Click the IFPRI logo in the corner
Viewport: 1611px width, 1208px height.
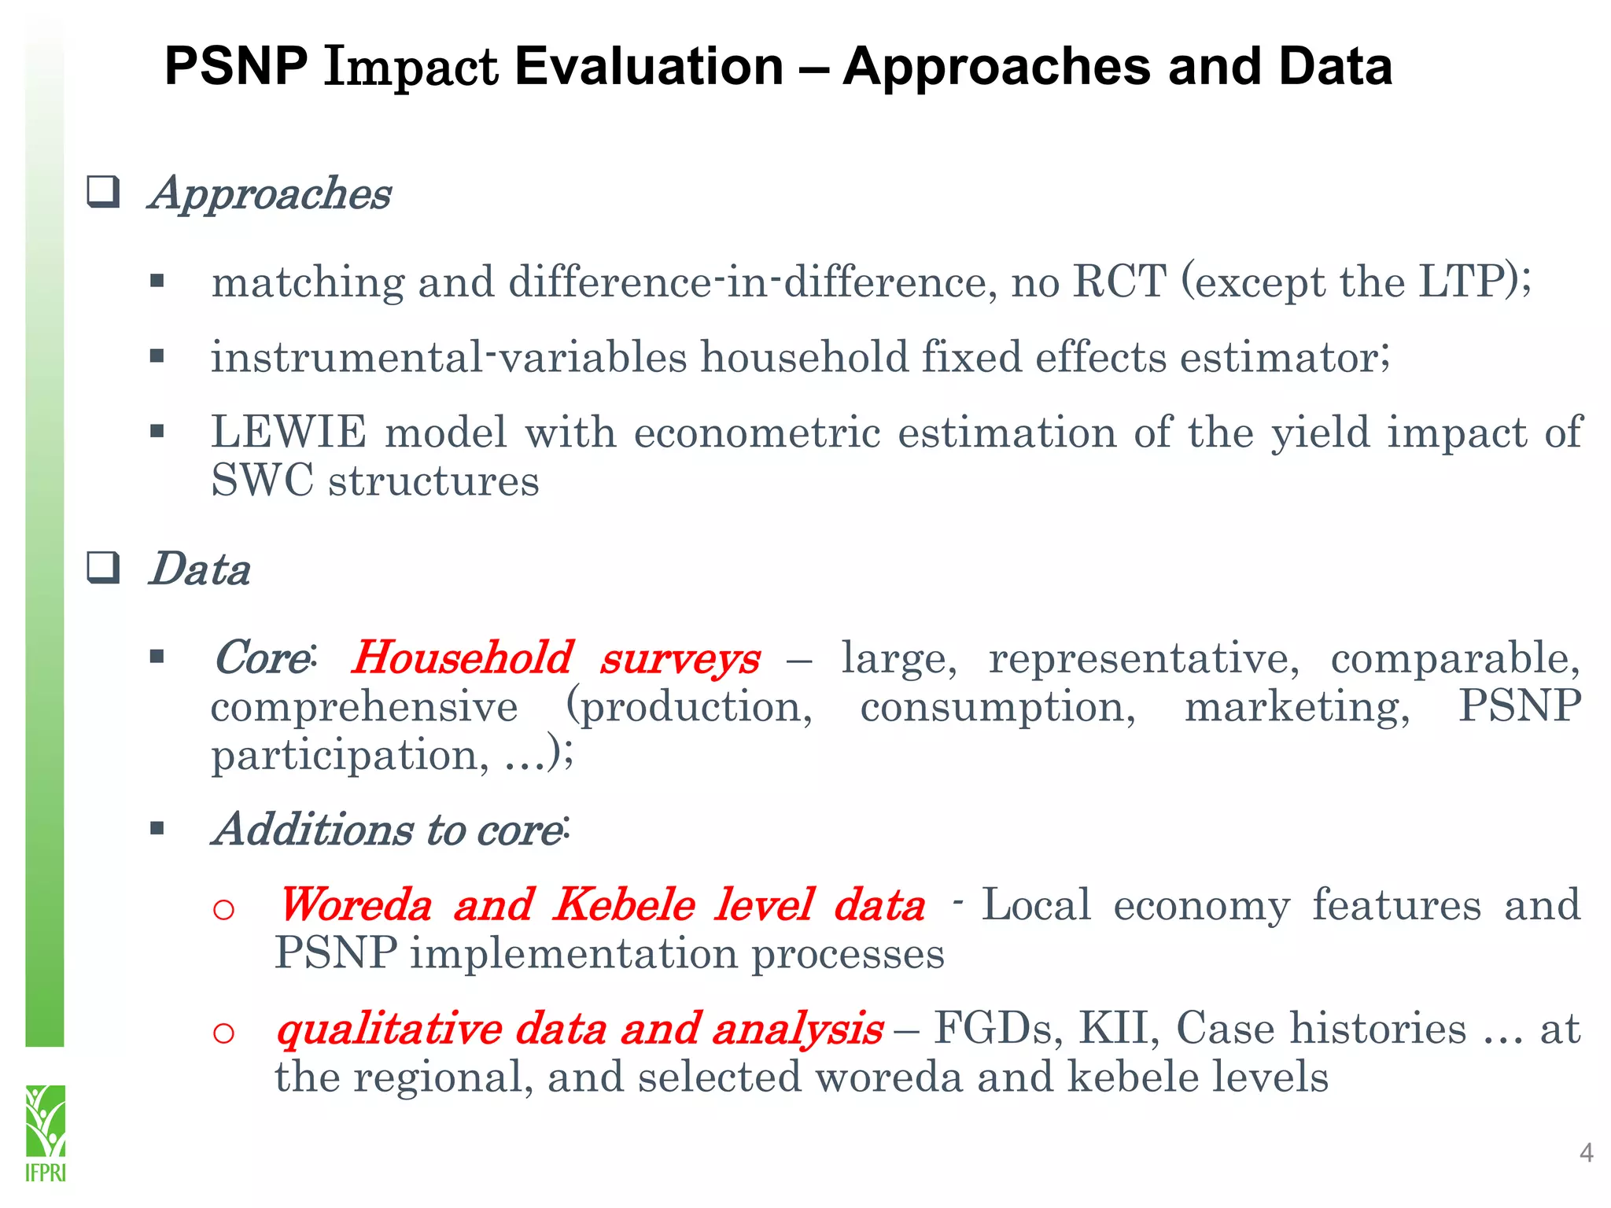46,1132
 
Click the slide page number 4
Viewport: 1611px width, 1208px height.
1586,1153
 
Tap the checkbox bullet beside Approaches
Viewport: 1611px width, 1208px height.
103,192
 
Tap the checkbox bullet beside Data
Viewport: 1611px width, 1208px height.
103,568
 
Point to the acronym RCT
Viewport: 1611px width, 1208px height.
1119,281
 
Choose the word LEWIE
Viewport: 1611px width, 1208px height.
289,432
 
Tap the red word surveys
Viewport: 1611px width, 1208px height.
680,659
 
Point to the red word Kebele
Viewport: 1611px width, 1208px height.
624,904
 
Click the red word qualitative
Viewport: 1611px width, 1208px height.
389,1029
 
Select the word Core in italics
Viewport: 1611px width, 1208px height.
261,657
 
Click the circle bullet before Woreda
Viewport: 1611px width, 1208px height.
223,909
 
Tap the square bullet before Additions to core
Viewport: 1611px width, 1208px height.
157,828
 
